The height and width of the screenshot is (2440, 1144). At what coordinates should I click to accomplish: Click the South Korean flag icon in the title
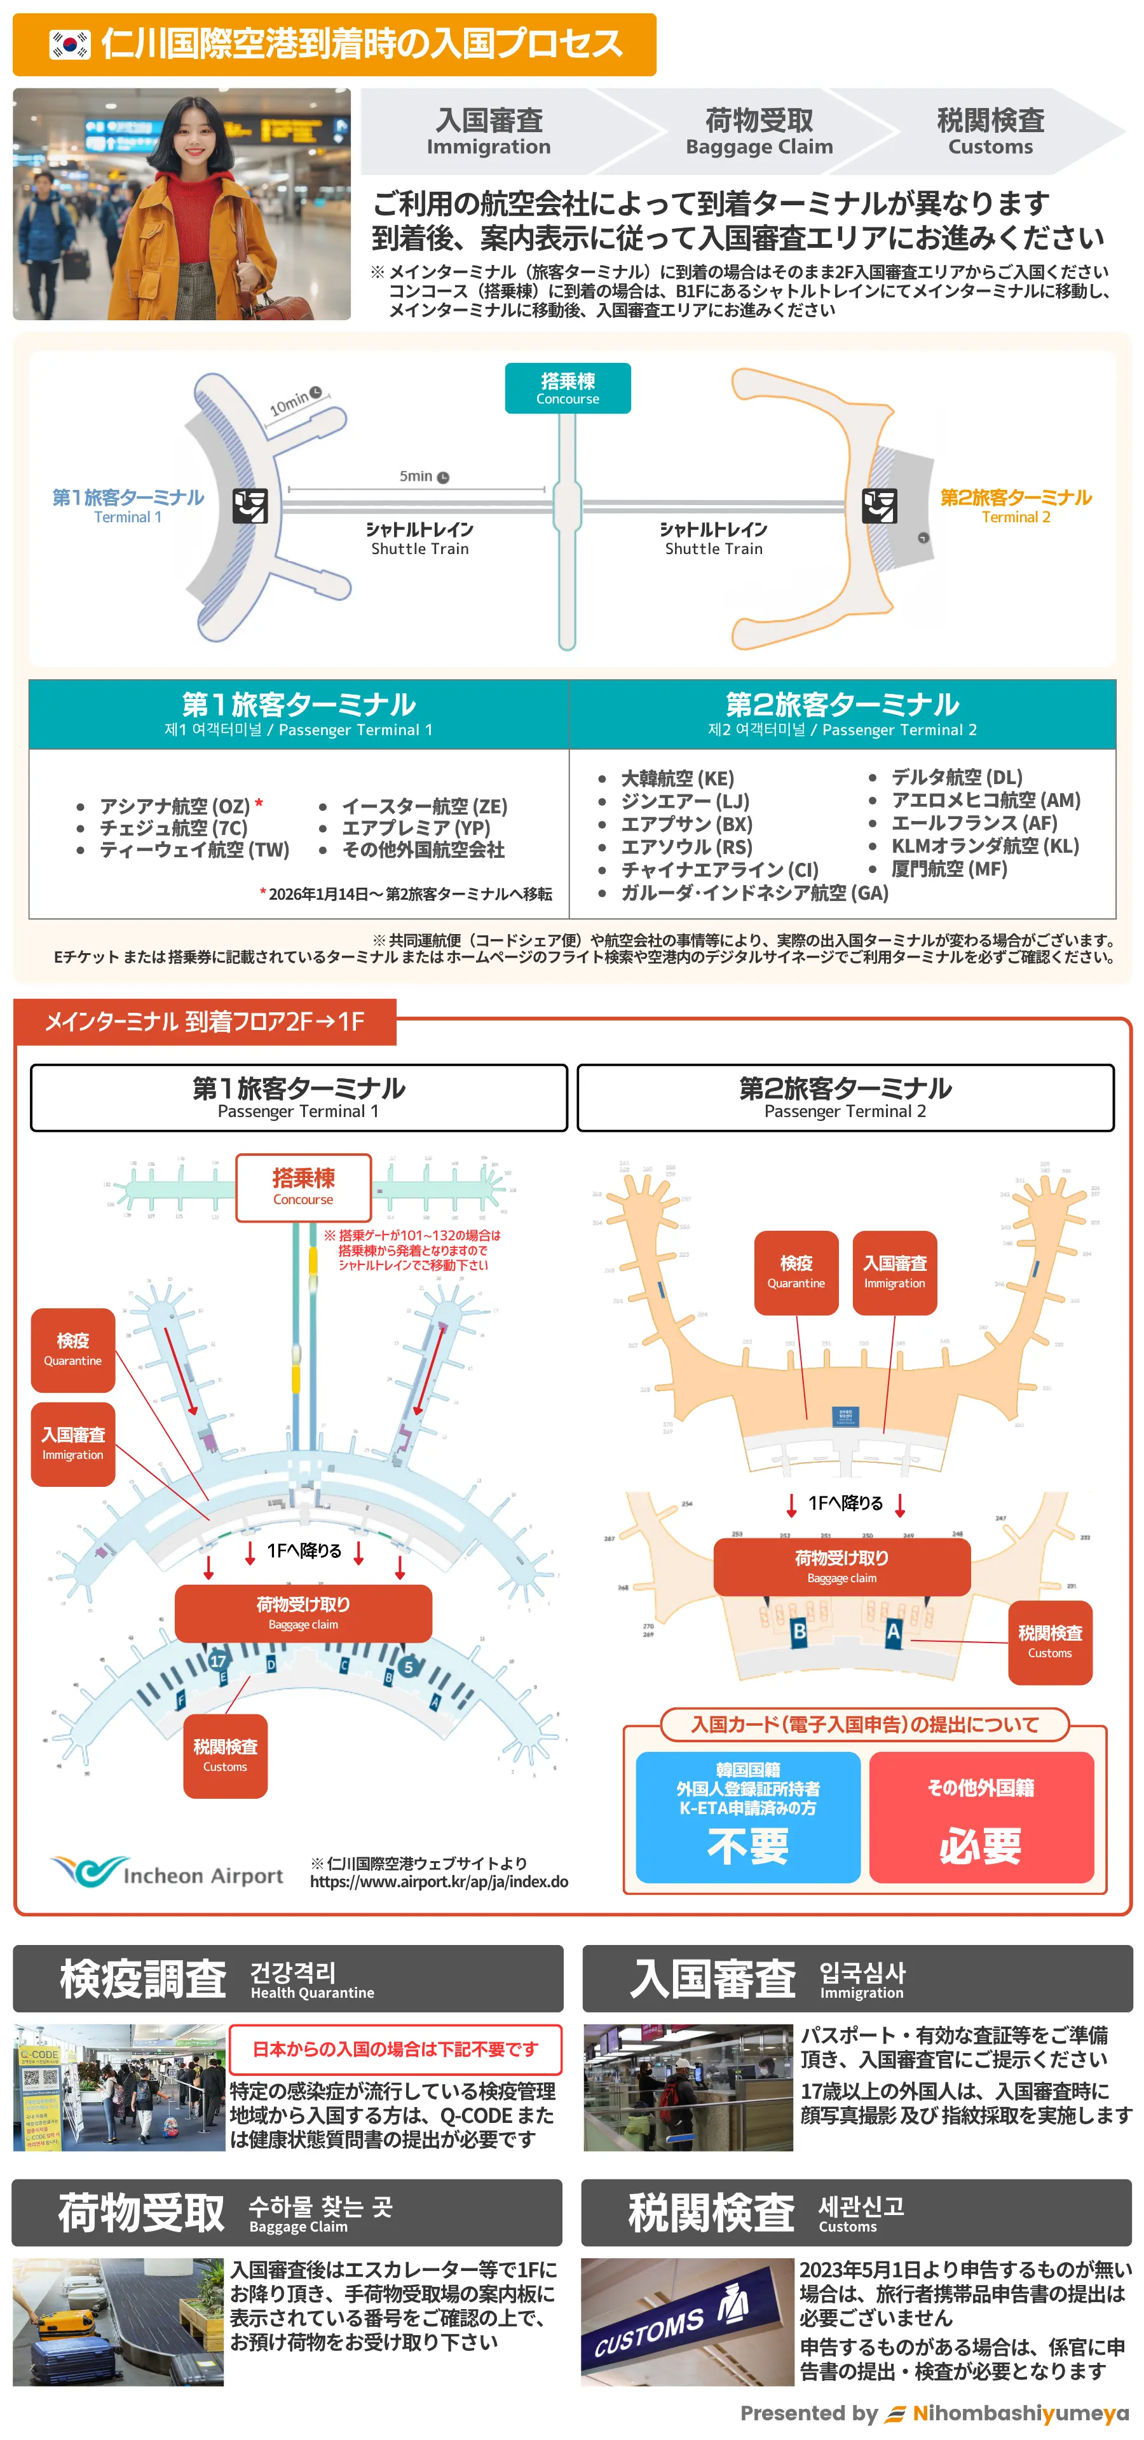(70, 44)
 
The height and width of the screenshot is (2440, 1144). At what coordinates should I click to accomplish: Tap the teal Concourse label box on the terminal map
(568, 388)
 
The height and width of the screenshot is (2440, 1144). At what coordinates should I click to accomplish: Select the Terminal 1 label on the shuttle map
(128, 505)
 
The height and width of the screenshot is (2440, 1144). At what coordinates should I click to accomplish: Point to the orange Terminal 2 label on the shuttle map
(1015, 505)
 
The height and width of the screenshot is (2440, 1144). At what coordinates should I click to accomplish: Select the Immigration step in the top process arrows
(489, 132)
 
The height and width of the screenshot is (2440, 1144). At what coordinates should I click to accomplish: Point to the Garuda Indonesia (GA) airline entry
(754, 892)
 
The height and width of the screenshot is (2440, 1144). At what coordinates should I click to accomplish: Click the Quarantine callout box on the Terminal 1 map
(73, 1349)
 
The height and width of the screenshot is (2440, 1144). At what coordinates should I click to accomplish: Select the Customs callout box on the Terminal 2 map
(1049, 1641)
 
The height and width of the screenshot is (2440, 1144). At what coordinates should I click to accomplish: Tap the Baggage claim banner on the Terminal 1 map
(303, 1612)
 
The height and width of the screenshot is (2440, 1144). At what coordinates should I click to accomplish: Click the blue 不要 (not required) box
(747, 1816)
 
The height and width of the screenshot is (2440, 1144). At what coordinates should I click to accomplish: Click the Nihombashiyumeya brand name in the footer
(1020, 2413)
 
